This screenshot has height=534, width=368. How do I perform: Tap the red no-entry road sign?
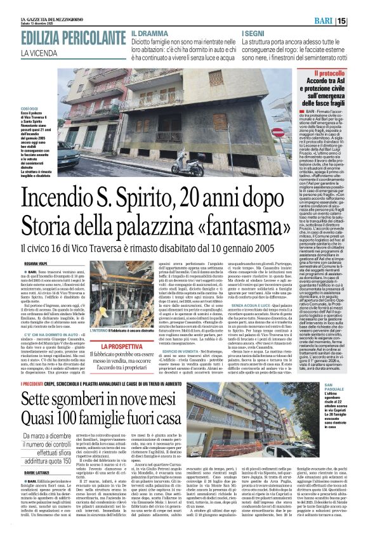point(277,132)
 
